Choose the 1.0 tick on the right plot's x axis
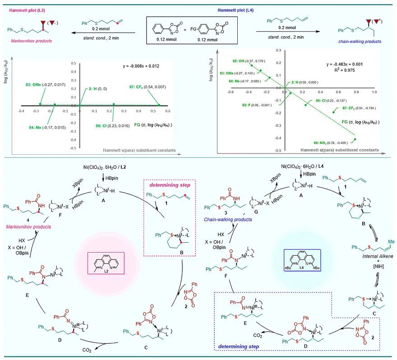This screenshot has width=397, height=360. [x=374, y=91]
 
